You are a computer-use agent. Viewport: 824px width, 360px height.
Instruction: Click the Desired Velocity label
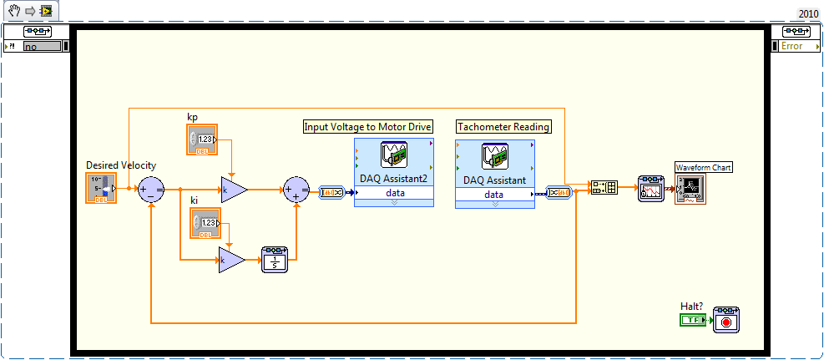pyautogui.click(x=121, y=165)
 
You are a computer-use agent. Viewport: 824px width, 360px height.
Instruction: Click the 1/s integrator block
pyautogui.click(x=274, y=260)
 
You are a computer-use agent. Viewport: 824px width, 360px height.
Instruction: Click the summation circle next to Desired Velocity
pyautogui.click(x=151, y=190)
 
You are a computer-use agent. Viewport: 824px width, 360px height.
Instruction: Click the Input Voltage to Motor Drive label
pyautogui.click(x=367, y=127)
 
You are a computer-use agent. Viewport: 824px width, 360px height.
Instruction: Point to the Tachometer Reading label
pyautogui.click(x=503, y=127)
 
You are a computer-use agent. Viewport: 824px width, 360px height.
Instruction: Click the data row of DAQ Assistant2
pyautogui.click(x=394, y=194)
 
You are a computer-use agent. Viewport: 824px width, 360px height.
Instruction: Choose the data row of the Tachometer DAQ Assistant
pyautogui.click(x=494, y=195)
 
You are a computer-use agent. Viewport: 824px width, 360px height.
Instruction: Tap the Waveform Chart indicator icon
pyautogui.click(x=690, y=190)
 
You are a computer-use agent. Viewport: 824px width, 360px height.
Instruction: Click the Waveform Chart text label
pyautogui.click(x=703, y=168)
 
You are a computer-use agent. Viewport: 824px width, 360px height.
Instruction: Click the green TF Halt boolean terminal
pyautogui.click(x=693, y=319)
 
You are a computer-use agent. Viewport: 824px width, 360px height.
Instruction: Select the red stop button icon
pyautogui.click(x=725, y=320)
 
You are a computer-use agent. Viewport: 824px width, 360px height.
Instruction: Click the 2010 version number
pyautogui.click(x=808, y=13)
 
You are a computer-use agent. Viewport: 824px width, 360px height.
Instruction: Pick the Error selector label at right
pyautogui.click(x=792, y=46)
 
